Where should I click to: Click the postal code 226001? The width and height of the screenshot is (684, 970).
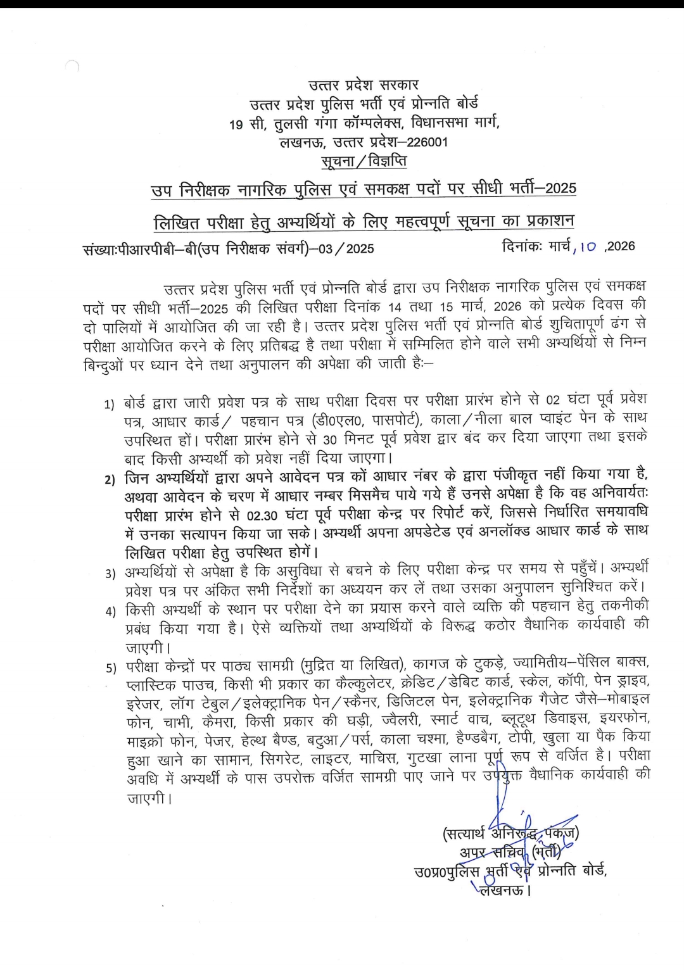427,142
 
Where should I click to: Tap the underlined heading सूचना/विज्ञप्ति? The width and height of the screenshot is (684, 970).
364,162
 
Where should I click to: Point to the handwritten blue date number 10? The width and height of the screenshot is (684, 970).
587,248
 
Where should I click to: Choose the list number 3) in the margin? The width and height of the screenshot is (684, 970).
110,574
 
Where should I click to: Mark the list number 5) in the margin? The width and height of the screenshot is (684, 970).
110,667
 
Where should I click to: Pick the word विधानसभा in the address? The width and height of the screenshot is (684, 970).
441,123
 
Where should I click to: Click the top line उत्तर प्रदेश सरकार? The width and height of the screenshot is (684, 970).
364,84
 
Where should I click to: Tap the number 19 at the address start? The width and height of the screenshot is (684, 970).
236,125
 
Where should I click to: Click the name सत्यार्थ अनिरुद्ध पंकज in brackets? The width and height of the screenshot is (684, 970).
510,834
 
